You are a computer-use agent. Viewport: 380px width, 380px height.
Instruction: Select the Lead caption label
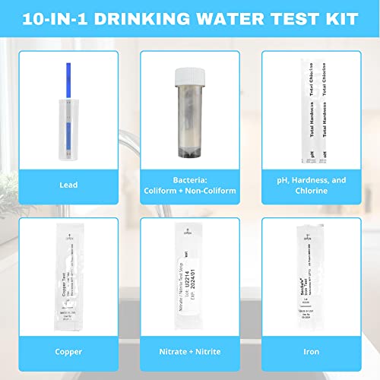[x=68, y=183]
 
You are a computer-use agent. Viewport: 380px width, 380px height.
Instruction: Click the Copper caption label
[x=68, y=352]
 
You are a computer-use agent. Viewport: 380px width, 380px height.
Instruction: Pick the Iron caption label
[x=312, y=352]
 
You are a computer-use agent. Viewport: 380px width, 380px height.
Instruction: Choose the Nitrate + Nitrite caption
[x=190, y=352]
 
